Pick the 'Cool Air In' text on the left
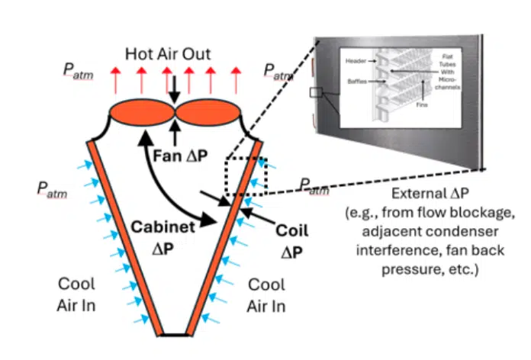(77, 293)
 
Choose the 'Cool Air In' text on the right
(268, 293)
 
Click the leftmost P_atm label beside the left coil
(53, 189)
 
